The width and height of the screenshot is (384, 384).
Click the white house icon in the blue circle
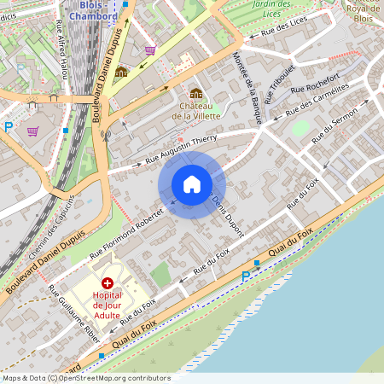point(192,184)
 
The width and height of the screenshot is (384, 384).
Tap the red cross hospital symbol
point(108,282)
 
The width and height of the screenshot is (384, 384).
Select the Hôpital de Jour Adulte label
point(108,305)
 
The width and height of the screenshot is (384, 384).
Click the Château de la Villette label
point(196,109)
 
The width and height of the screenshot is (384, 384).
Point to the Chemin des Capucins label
point(51,226)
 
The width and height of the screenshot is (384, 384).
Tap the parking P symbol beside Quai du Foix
point(246,276)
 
